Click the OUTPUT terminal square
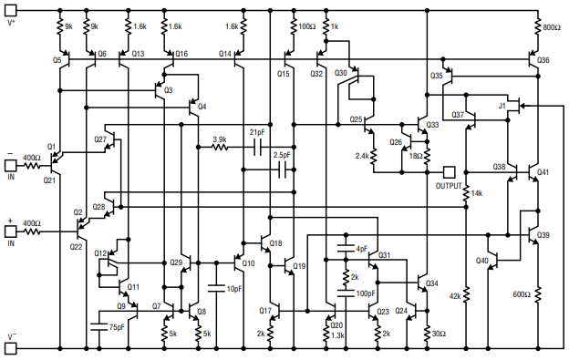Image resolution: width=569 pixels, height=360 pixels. click(448, 170)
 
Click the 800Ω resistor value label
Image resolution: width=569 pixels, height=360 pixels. click(552, 28)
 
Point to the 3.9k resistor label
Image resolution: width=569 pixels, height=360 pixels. click(220, 139)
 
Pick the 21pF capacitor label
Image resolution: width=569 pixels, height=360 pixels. click(257, 132)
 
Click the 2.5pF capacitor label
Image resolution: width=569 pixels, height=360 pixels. click(282, 156)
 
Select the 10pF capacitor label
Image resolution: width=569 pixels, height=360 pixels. click(234, 289)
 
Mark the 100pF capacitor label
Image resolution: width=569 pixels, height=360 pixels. click(366, 293)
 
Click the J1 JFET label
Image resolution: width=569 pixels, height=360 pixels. click(502, 107)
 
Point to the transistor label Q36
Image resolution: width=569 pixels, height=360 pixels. click(543, 59)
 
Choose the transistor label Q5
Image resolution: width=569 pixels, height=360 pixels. click(57, 59)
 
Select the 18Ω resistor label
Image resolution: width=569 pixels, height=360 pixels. click(415, 156)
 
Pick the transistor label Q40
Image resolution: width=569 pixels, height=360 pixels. click(481, 261)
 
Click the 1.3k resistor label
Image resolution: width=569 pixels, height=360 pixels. click(338, 335)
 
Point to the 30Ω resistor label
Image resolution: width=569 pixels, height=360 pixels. click(439, 334)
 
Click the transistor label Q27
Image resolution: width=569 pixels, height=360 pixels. click(100, 139)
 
